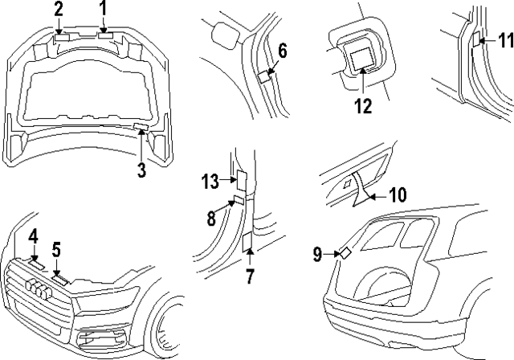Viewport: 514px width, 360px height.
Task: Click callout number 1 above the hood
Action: click(102, 9)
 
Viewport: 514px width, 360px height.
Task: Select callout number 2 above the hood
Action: click(58, 9)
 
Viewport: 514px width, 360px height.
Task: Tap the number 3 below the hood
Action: click(141, 170)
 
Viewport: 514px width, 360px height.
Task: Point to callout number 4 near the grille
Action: click(33, 236)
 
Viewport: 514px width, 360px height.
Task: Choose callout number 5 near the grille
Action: click(57, 249)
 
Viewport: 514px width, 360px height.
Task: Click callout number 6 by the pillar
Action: click(282, 51)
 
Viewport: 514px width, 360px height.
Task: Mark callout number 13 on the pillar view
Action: click(210, 182)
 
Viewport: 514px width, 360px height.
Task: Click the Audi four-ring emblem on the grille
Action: click(37, 290)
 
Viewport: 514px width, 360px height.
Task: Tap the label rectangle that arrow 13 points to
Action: click(239, 179)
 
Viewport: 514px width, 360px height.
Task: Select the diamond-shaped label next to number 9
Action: click(345, 252)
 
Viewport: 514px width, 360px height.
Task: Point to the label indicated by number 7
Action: click(248, 243)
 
